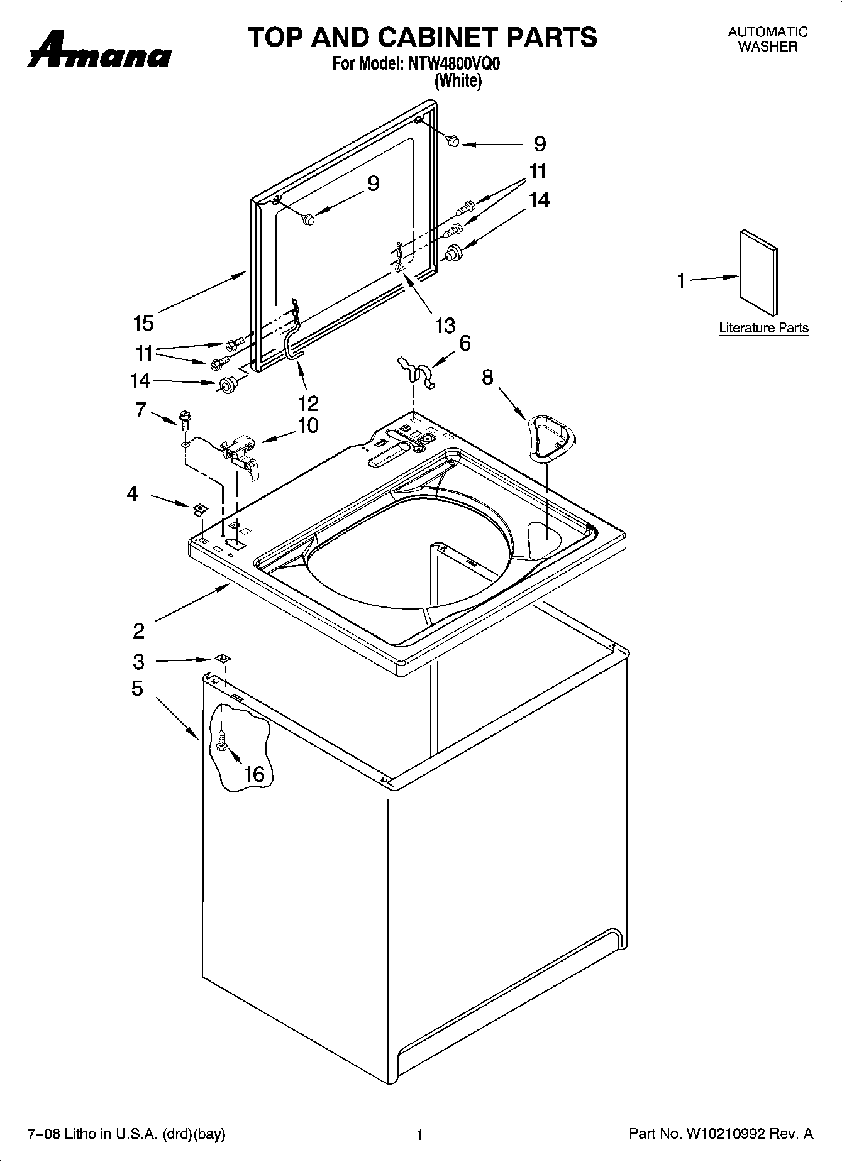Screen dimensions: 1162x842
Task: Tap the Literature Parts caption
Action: (x=763, y=328)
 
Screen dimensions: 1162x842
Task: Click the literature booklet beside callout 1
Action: (x=758, y=271)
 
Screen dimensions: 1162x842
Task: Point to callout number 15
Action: (x=143, y=324)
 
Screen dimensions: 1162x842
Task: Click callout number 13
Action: (x=445, y=326)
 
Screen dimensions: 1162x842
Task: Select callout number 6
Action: (x=465, y=343)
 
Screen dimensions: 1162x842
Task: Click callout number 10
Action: (x=308, y=426)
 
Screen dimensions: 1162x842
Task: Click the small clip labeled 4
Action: (x=198, y=508)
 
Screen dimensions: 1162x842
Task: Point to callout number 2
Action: (x=138, y=630)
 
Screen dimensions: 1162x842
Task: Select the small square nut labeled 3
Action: (x=221, y=658)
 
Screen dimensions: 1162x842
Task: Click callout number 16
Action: (x=254, y=774)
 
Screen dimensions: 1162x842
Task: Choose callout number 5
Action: (x=137, y=689)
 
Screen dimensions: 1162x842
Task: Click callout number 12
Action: (x=309, y=403)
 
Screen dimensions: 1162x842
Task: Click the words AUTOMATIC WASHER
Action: (x=767, y=39)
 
